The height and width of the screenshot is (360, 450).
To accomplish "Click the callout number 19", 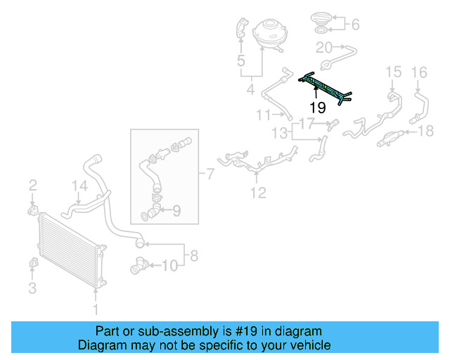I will pyautogui.click(x=318, y=108).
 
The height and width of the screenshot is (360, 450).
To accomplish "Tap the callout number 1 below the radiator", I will pyautogui.click(x=97, y=308).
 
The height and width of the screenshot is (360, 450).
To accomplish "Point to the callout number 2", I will pyautogui.click(x=32, y=186).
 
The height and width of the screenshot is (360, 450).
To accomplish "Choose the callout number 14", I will pyautogui.click(x=80, y=186).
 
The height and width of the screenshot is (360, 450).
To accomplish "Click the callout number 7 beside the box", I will pyautogui.click(x=210, y=173).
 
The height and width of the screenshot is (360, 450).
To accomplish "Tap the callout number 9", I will pyautogui.click(x=176, y=209).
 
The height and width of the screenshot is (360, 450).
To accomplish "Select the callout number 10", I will pyautogui.click(x=169, y=265).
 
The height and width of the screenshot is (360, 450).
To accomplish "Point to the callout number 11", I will pyautogui.click(x=264, y=115).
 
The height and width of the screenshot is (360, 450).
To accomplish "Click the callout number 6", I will pyautogui.click(x=355, y=25).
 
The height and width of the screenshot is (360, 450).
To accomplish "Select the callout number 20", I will pyautogui.click(x=324, y=47).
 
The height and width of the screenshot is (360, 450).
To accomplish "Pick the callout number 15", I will pyautogui.click(x=392, y=72).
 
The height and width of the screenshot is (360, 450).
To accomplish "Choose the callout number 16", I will pyautogui.click(x=419, y=72).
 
